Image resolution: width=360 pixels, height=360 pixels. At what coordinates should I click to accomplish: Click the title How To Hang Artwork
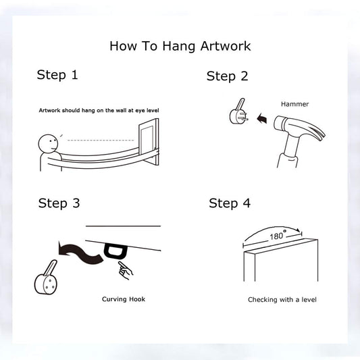[180, 46]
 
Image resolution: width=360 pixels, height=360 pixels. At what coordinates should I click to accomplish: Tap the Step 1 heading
[57, 75]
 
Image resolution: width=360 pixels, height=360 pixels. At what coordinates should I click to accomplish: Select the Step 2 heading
[228, 76]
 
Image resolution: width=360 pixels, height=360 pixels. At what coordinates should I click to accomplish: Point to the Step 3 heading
[59, 203]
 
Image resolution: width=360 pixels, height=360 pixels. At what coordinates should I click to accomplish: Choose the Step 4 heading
[230, 203]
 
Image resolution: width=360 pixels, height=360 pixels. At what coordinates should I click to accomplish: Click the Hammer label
[294, 104]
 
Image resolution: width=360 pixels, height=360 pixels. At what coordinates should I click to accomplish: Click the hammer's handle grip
[288, 160]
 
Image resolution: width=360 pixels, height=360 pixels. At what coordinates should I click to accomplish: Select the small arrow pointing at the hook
[262, 119]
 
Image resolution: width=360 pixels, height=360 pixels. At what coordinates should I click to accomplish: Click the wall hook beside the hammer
[238, 113]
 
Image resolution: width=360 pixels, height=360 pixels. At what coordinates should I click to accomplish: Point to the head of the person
[48, 144]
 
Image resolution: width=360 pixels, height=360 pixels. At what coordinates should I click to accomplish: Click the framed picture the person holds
[149, 142]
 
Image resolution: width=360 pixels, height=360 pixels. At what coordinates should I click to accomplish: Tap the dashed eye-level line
[101, 140]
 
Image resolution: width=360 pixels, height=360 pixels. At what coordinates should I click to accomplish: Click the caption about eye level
[99, 111]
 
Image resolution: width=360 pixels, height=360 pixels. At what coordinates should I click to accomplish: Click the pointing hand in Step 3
[125, 270]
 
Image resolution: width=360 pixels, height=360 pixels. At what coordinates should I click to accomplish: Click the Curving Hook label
[124, 299]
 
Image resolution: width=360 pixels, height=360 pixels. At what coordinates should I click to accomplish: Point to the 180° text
[278, 236]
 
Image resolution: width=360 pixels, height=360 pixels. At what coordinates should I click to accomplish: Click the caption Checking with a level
[282, 300]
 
